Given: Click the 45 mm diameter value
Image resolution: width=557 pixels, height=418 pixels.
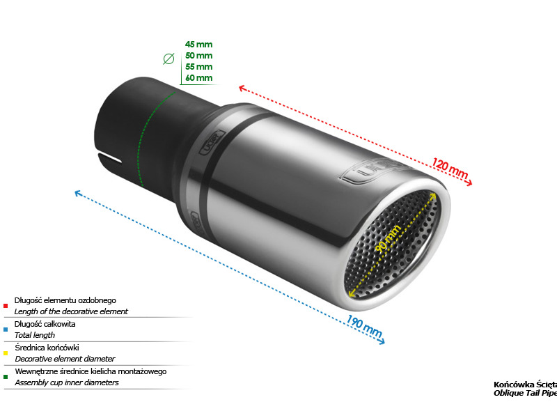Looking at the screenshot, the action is [x=198, y=45].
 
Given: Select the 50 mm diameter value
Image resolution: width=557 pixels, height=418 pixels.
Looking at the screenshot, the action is [x=198, y=56].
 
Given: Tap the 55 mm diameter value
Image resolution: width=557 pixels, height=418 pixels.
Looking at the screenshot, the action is [x=198, y=66].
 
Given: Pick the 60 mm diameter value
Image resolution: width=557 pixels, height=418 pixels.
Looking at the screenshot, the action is [x=198, y=77].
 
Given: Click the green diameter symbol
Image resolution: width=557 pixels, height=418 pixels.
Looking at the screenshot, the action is [x=168, y=59].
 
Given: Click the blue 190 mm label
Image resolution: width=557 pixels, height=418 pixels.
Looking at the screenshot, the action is [x=364, y=325].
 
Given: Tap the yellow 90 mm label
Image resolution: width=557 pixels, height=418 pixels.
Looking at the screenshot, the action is [x=388, y=238].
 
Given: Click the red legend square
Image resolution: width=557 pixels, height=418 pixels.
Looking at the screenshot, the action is [x=6, y=306].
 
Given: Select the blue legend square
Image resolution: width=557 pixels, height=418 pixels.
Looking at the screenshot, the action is [x=6, y=330].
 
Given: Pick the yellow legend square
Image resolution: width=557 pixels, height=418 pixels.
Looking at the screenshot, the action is [x=6, y=353].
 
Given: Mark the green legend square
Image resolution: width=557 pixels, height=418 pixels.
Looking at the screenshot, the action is [x=6, y=377].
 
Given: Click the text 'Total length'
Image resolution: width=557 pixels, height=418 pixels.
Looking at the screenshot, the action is [x=35, y=335].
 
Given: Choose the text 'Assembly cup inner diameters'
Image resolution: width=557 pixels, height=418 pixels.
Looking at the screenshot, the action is [x=67, y=382].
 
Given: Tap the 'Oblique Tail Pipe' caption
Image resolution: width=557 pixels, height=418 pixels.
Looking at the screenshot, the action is [x=525, y=393].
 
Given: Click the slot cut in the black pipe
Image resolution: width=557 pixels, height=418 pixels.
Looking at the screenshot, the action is [x=109, y=159].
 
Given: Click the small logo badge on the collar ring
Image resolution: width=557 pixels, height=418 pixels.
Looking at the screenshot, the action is [x=212, y=142].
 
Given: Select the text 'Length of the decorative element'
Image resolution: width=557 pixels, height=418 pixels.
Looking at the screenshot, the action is [x=71, y=311].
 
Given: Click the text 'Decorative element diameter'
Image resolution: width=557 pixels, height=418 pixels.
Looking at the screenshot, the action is [x=65, y=359].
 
